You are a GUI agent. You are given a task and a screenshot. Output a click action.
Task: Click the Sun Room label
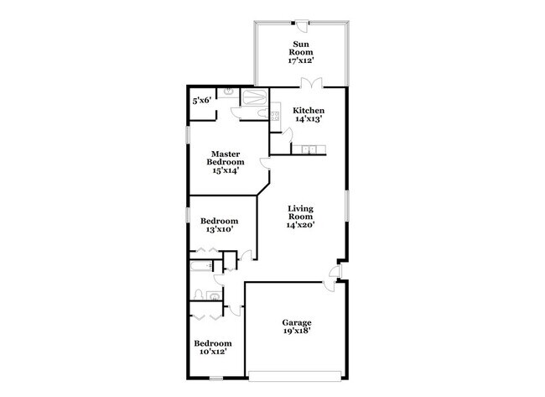(x=303, y=52)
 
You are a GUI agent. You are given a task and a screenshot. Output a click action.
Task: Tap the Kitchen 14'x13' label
(x=308, y=114)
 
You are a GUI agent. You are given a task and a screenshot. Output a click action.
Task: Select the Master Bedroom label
(x=226, y=162)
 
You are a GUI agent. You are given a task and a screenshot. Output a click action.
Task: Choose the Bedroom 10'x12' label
(x=213, y=347)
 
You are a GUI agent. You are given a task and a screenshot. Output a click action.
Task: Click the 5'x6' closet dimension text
(x=201, y=101)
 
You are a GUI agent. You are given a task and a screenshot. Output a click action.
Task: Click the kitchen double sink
(x=309, y=150)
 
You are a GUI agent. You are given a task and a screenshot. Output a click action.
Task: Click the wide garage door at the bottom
(x=294, y=372)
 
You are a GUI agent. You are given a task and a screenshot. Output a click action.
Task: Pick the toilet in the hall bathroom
(x=213, y=295)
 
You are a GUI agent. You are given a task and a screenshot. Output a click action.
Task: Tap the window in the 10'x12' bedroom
(x=216, y=379)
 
